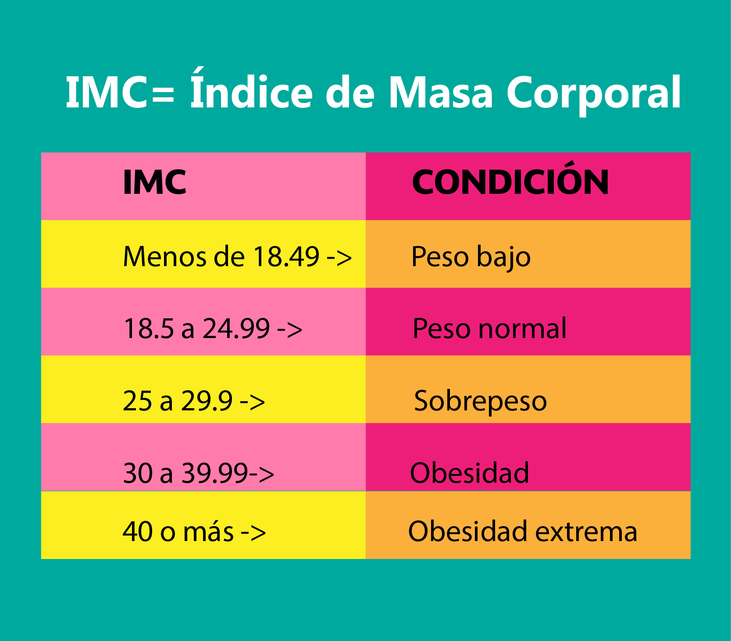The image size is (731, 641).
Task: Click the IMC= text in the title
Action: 120,93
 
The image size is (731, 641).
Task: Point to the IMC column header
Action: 154,182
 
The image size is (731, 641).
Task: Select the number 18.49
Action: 286,256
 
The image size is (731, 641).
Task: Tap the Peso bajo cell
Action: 471,257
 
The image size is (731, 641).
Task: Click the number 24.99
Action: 236,328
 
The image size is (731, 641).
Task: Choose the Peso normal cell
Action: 489,328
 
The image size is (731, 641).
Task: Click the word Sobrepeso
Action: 480,401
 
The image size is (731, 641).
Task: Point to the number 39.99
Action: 215,473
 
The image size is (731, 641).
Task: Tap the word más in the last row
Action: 208,532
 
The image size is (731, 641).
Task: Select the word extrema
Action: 586,532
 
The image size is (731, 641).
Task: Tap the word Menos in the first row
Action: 164,256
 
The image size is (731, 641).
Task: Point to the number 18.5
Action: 149,328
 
